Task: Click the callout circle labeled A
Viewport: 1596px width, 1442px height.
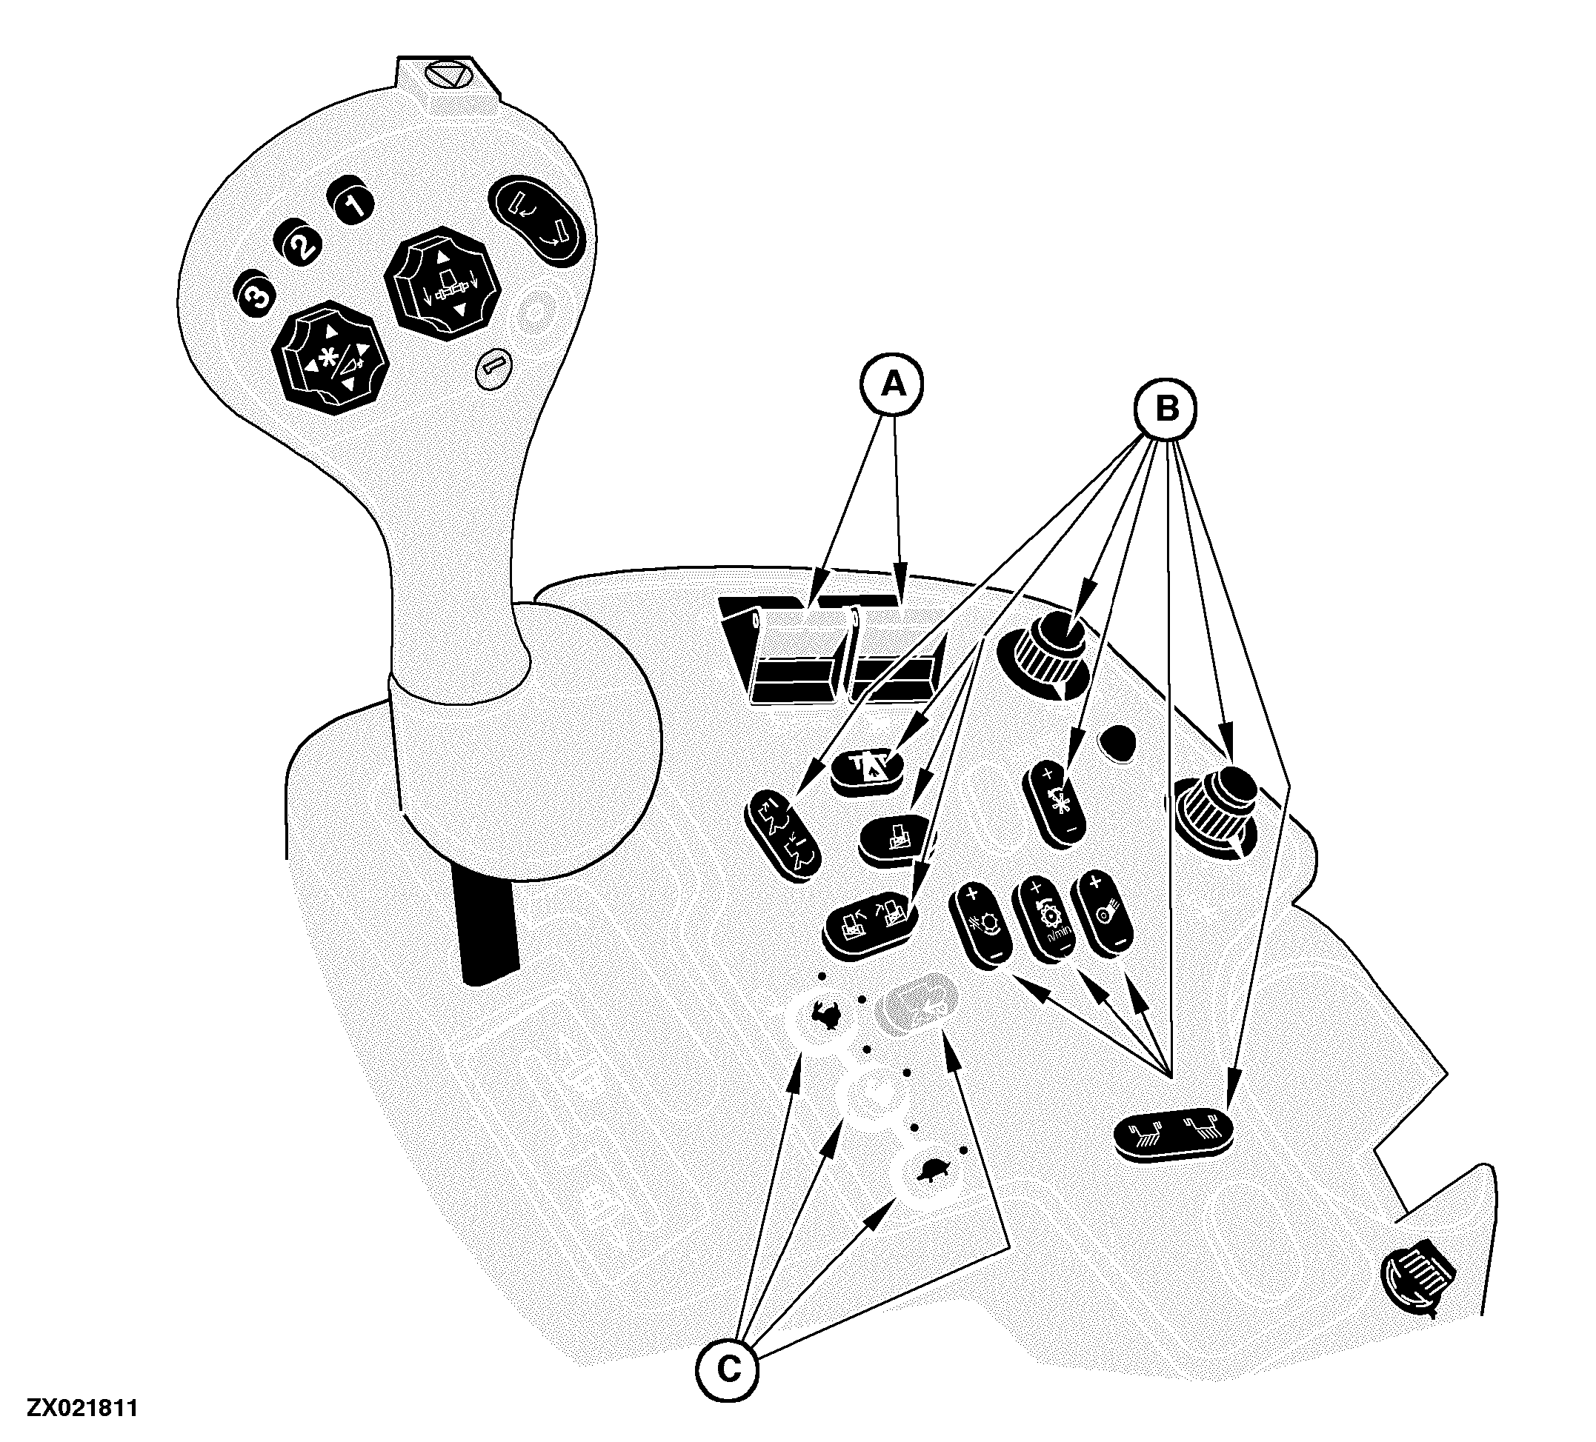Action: pyautogui.click(x=893, y=384)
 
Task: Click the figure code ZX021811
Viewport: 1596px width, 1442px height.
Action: pyautogui.click(x=82, y=1408)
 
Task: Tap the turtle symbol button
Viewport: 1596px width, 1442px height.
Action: pyautogui.click(x=931, y=1173)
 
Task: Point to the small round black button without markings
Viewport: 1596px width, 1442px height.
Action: pyautogui.click(x=1117, y=743)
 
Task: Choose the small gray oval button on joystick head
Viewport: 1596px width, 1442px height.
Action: pyautogui.click(x=495, y=368)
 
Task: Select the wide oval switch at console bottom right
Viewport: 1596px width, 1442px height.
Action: pyautogui.click(x=1173, y=1134)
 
